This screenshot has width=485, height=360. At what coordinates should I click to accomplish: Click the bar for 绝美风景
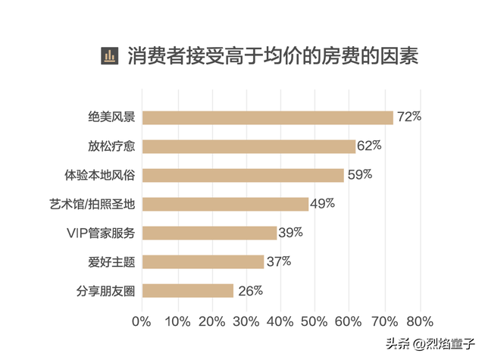tap(268, 117)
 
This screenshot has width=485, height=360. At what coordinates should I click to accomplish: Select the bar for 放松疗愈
tap(249, 146)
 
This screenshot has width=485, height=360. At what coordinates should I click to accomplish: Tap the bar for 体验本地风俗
tap(243, 175)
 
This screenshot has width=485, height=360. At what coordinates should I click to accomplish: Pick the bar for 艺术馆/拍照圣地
tap(225, 204)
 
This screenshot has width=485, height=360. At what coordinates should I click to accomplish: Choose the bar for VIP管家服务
tap(209, 233)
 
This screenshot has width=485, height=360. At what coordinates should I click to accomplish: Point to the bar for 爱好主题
tap(203, 261)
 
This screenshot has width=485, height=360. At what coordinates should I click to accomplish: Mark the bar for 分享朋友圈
tap(188, 290)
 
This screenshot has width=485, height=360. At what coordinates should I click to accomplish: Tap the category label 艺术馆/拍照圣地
tap(91, 205)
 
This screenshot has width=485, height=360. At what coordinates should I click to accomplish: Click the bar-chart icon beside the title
tap(111, 56)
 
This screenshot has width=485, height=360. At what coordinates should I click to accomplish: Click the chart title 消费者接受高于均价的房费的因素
tap(273, 56)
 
